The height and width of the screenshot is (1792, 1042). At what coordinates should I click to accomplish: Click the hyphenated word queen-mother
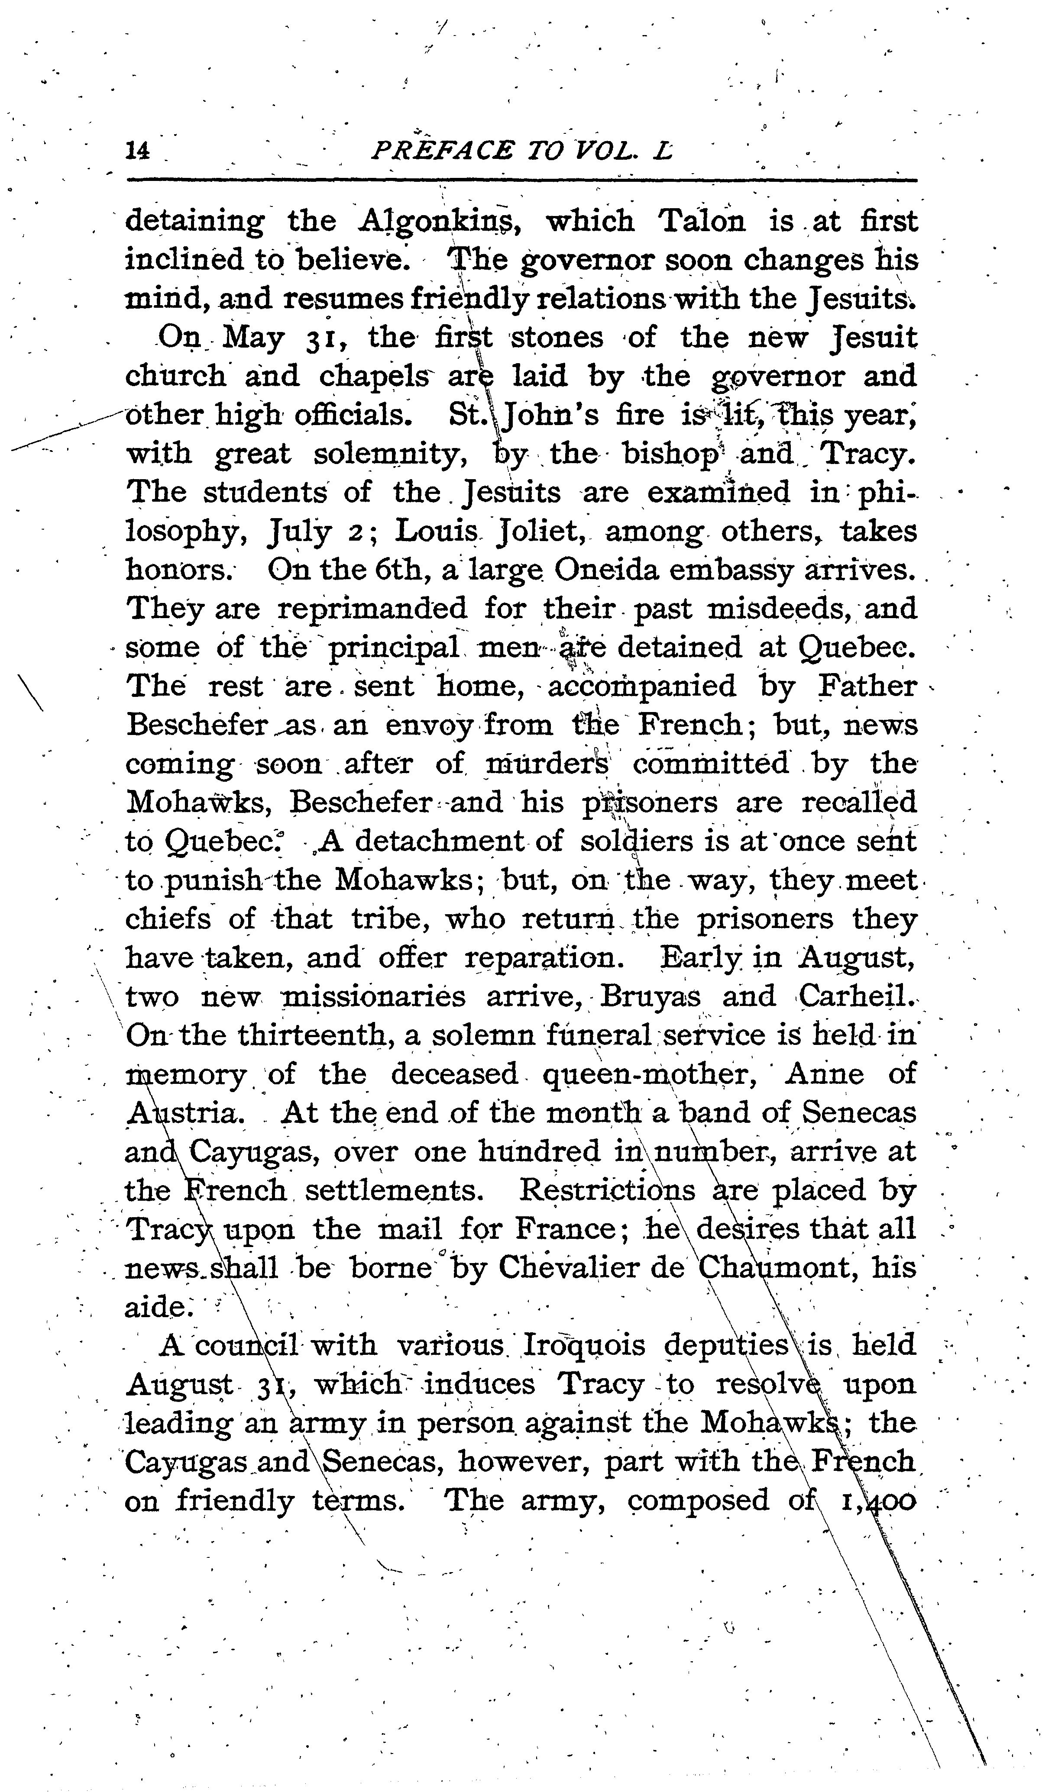pyautogui.click(x=649, y=1074)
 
